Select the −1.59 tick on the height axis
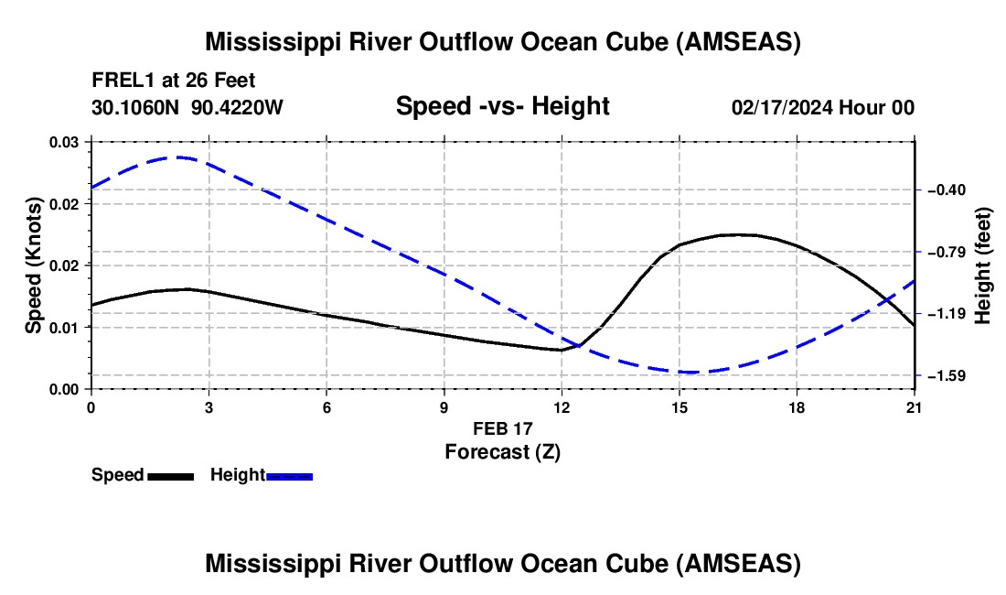pyautogui.click(x=947, y=375)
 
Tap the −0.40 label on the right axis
pyautogui.click(x=947, y=190)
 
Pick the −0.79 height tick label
pyautogui.click(x=947, y=252)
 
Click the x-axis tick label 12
pyautogui.click(x=562, y=407)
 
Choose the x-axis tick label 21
pyautogui.click(x=914, y=407)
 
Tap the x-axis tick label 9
pyautogui.click(x=444, y=407)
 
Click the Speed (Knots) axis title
pyautogui.click(x=33, y=265)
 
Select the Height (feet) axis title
pyautogui.click(x=982, y=265)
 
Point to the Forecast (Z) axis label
pyautogui.click(x=502, y=452)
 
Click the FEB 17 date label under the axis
pyautogui.click(x=502, y=428)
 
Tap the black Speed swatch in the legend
pyautogui.click(x=171, y=476)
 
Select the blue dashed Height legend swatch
pyautogui.click(x=289, y=476)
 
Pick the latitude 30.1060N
pyautogui.click(x=135, y=107)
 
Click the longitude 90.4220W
pyautogui.click(x=237, y=107)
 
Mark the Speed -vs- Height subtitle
pyautogui.click(x=502, y=106)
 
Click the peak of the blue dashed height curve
pyautogui.click(x=177, y=157)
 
